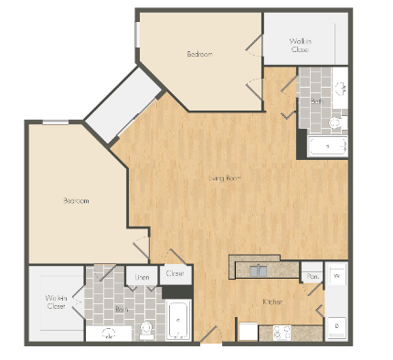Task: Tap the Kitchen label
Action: tap(272, 302)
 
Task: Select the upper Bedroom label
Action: tap(199, 54)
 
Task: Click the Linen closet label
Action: tap(143, 276)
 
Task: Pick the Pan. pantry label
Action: tap(312, 276)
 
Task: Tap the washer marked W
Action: tap(335, 275)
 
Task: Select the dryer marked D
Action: tap(335, 325)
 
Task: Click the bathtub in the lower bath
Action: tap(179, 322)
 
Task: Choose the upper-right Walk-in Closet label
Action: tap(300, 45)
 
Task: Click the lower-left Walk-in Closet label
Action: tap(57, 302)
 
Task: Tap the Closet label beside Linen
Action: tap(175, 272)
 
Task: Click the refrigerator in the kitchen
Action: tap(247, 330)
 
